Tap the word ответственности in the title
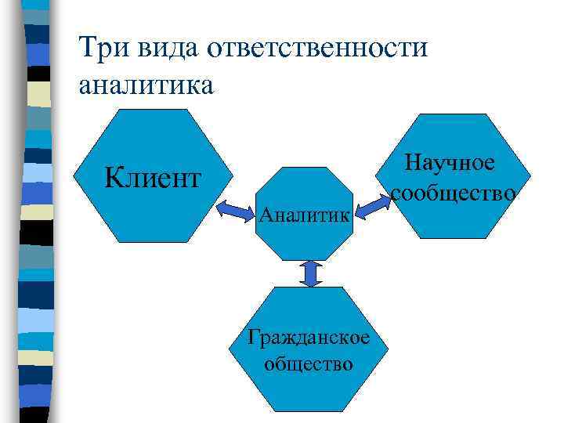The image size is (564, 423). click(317, 49)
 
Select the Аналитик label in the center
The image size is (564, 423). click(305, 213)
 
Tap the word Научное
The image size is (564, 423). click(450, 163)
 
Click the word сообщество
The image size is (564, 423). click(453, 192)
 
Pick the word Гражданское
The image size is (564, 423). click(309, 338)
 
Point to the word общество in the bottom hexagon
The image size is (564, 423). click(309, 363)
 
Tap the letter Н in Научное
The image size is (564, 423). click(412, 163)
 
